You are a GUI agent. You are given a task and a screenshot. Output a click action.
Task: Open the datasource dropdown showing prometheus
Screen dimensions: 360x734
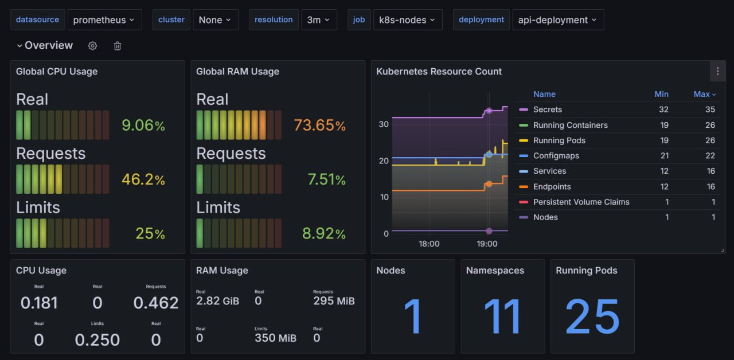tap(104, 19)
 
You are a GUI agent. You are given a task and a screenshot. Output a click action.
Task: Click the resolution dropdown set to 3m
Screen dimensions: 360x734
tap(319, 19)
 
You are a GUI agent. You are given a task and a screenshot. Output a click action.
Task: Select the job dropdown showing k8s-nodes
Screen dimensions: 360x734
tap(407, 19)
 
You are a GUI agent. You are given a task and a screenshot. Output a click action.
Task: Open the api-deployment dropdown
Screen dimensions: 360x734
tap(557, 19)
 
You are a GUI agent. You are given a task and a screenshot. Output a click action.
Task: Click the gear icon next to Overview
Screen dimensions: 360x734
tap(92, 46)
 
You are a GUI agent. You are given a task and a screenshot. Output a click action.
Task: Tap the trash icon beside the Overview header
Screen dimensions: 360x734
tap(118, 46)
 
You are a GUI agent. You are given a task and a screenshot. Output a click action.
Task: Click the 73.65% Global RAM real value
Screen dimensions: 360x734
tap(319, 125)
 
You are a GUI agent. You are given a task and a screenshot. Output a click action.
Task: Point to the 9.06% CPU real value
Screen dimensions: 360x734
tap(143, 125)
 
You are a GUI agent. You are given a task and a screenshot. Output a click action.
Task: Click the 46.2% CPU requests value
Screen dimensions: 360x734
tap(143, 179)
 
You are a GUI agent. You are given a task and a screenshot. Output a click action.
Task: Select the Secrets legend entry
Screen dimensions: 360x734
tap(547, 109)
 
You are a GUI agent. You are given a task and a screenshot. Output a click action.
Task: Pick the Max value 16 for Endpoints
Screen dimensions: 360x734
tap(710, 186)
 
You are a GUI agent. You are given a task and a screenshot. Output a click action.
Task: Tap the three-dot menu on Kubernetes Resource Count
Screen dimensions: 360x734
tap(717, 72)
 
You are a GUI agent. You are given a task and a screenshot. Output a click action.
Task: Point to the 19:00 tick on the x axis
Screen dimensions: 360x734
tap(487, 244)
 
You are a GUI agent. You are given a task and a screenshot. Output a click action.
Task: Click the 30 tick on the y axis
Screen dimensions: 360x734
tap(384, 124)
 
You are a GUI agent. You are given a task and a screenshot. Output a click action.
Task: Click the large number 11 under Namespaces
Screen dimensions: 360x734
tap(502, 316)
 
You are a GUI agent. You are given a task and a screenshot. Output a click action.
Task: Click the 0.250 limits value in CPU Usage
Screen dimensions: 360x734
tap(97, 340)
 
